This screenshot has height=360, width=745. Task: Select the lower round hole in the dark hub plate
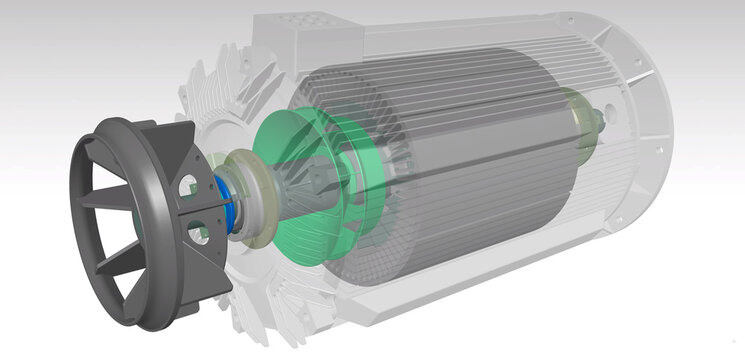point(200,233)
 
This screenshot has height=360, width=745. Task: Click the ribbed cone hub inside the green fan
point(320,180)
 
